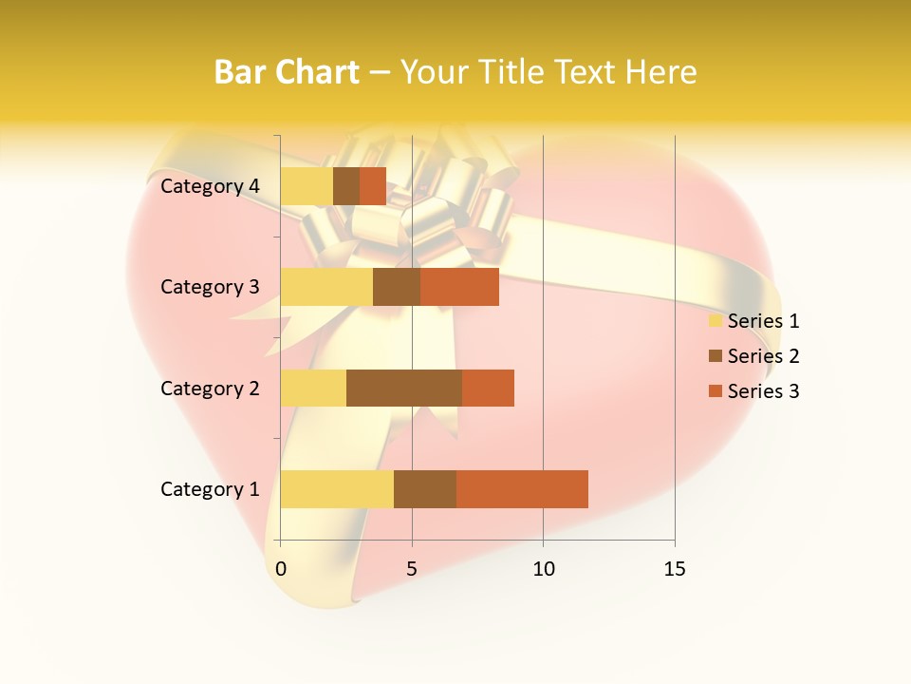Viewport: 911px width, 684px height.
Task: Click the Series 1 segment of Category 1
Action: pos(337,489)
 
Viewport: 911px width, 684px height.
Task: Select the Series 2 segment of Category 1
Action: pos(425,489)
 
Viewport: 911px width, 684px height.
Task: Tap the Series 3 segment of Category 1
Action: pos(522,489)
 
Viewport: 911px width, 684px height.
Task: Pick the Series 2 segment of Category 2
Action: pos(404,388)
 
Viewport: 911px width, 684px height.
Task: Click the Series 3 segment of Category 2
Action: pos(488,388)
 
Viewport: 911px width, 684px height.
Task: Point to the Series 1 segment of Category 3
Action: pos(326,287)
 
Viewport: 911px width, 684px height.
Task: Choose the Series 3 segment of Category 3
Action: pos(459,287)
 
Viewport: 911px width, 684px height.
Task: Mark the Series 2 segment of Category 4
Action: pos(346,186)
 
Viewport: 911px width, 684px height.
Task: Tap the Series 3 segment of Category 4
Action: pos(373,186)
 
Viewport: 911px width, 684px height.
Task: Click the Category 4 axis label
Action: pos(210,186)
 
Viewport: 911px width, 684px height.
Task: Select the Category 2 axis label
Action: pos(210,388)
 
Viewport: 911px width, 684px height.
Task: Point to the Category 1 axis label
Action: pos(210,489)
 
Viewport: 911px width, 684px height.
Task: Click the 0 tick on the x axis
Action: pos(281,569)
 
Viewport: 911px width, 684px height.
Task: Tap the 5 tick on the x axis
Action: pos(412,569)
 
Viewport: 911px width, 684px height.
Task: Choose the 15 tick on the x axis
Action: pos(675,569)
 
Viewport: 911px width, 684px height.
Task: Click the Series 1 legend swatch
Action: pos(715,321)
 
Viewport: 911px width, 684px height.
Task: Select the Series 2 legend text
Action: pos(763,356)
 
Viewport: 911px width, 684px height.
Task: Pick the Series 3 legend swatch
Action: pos(715,391)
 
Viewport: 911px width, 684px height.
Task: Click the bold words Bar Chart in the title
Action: pos(287,72)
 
